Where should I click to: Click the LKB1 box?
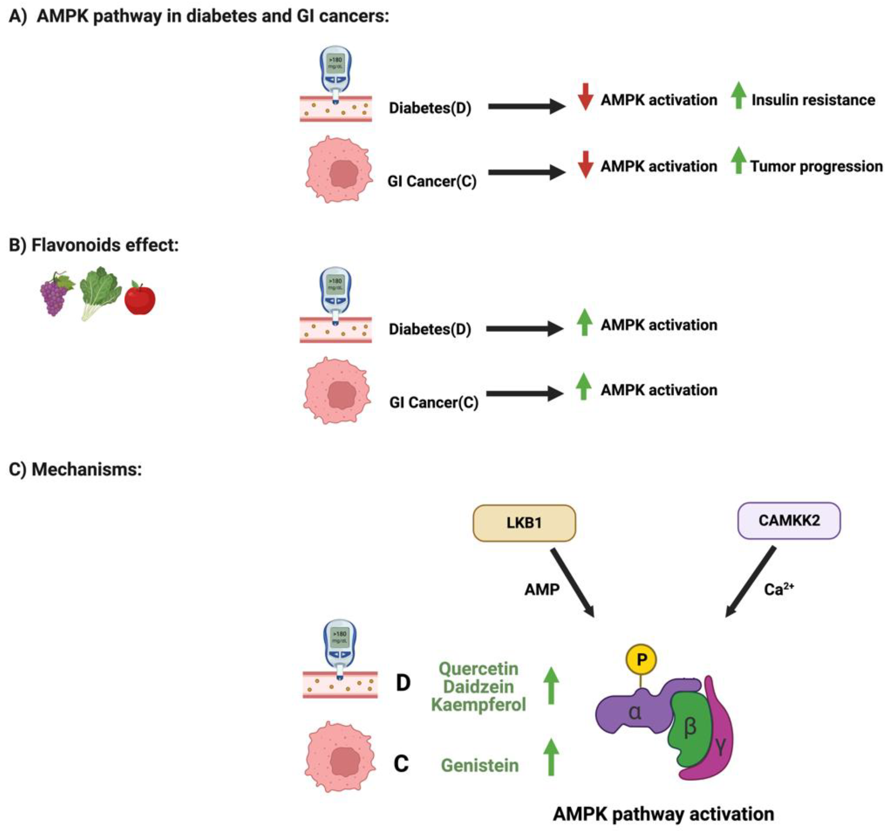(524, 523)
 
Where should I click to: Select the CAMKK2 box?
(789, 520)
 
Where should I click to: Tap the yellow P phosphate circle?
(641, 660)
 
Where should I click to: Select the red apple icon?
(140, 299)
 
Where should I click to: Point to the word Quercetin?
(478, 669)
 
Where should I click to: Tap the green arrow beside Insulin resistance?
(738, 95)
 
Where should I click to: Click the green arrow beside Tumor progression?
(738, 161)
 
